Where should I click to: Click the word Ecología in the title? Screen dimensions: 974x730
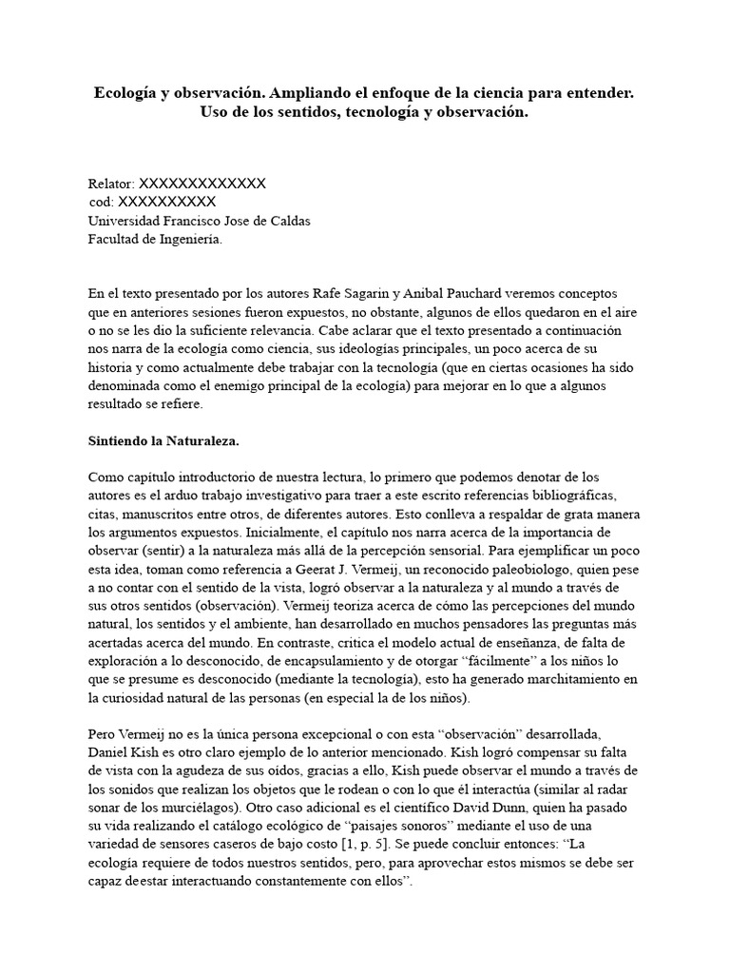click(x=127, y=93)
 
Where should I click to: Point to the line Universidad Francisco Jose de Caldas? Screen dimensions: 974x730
click(x=199, y=221)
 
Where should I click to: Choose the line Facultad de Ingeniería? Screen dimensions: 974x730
click(x=155, y=240)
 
